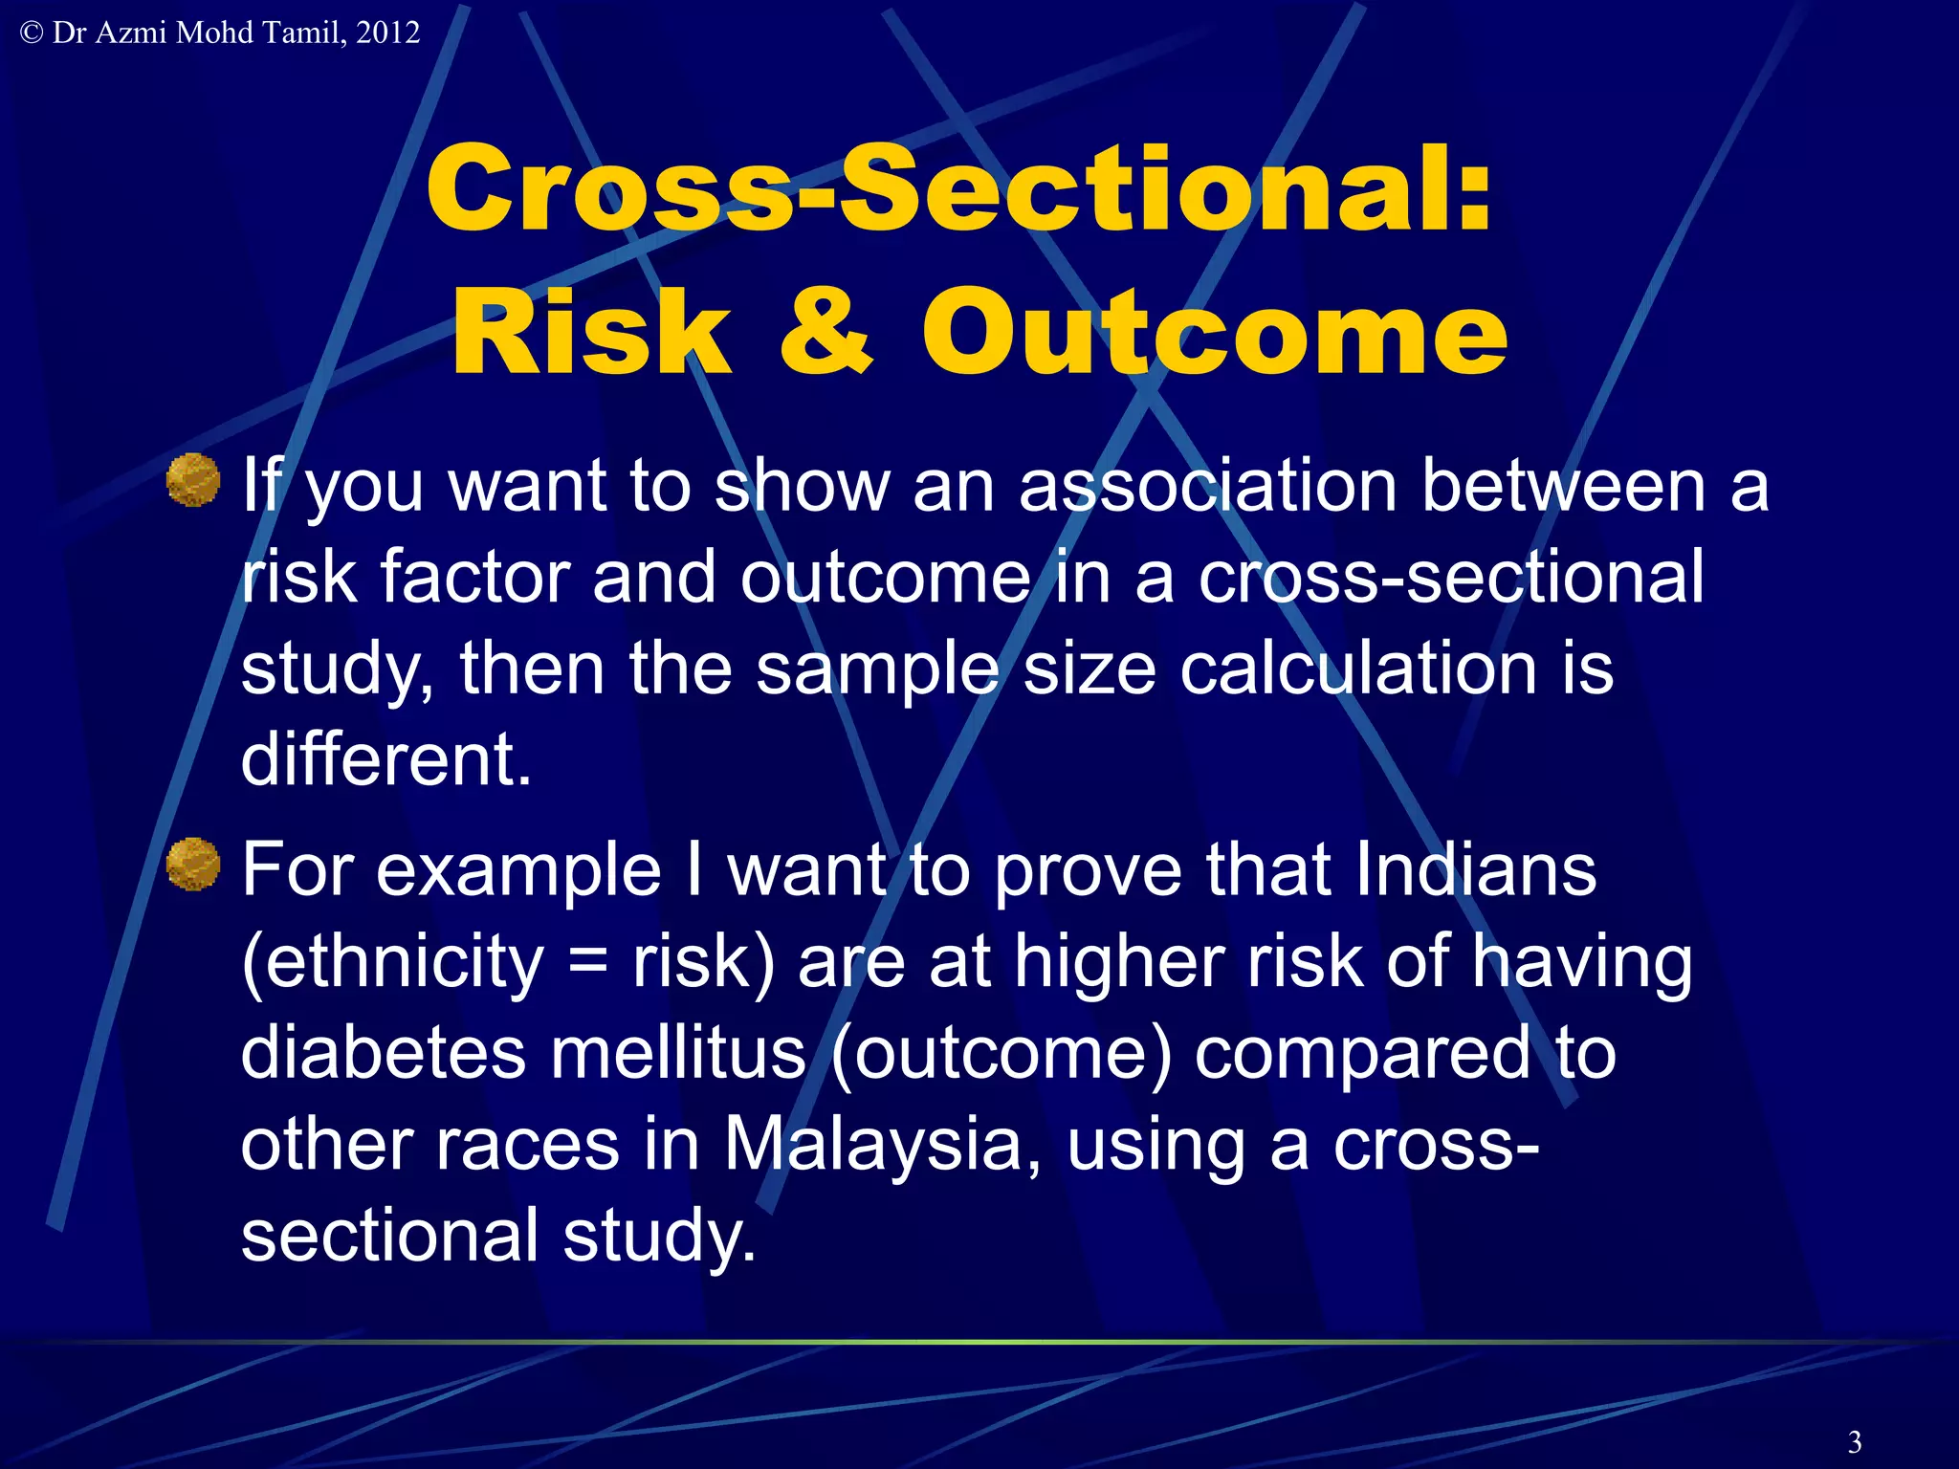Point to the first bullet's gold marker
click(193, 479)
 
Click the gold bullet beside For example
click(193, 865)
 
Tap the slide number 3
click(1855, 1441)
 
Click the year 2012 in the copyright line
click(387, 33)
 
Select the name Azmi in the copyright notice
click(133, 33)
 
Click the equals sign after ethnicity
click(586, 962)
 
